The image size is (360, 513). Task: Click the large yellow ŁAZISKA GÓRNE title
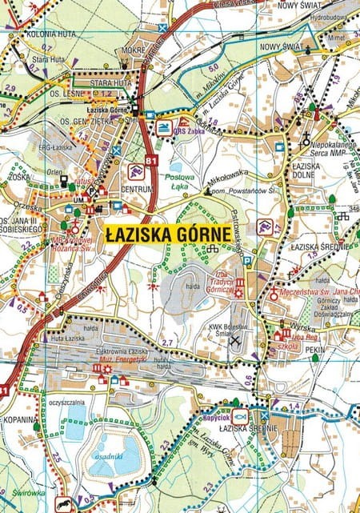click(167, 233)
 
